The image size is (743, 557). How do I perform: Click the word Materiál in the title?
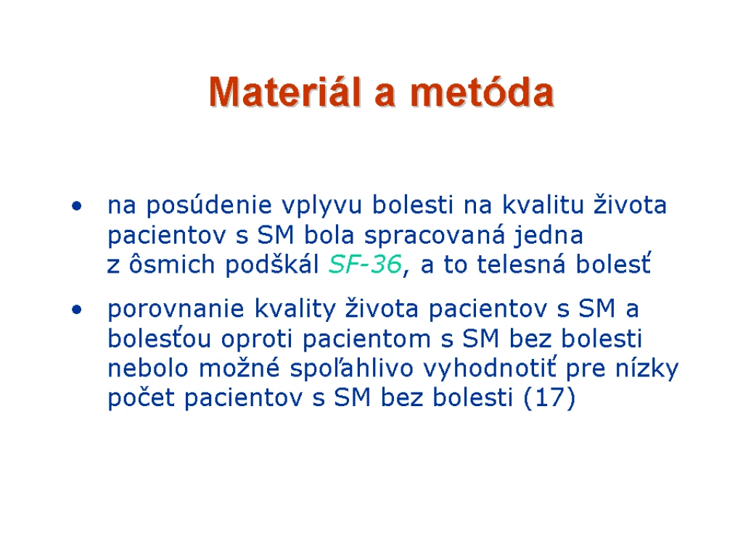point(285,91)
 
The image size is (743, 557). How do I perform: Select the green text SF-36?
point(366,264)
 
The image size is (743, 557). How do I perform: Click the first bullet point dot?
point(76,206)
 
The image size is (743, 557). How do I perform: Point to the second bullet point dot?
point(76,310)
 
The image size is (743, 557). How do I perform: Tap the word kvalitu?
point(543,205)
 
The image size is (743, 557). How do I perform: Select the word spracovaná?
point(435,236)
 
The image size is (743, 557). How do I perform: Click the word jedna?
point(549,236)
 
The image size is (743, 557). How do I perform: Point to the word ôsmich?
point(172,263)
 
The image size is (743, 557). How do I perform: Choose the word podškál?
point(271,264)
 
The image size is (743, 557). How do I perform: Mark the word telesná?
point(521,263)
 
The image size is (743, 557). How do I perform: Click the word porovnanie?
point(176,310)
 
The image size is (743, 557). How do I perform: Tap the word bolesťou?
point(159,338)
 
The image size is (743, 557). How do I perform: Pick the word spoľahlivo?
point(352,368)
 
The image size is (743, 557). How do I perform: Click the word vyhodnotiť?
point(490,368)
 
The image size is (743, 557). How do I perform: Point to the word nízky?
point(646,368)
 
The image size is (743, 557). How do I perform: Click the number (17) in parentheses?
point(550,397)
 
